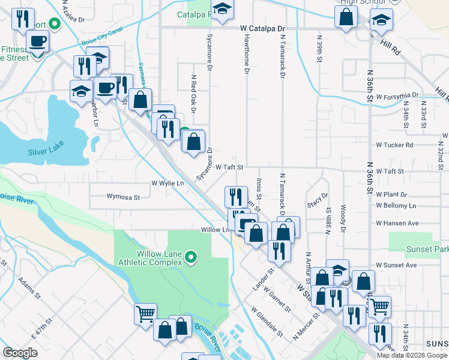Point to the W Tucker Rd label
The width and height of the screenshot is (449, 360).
point(394,145)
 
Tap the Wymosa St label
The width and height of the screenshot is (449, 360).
point(123,196)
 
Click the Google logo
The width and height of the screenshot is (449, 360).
point(20,352)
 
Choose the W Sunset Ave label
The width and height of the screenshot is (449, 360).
point(396,265)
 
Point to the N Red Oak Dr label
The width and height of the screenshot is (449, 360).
point(193,94)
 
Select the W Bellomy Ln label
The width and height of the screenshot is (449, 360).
point(396,206)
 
